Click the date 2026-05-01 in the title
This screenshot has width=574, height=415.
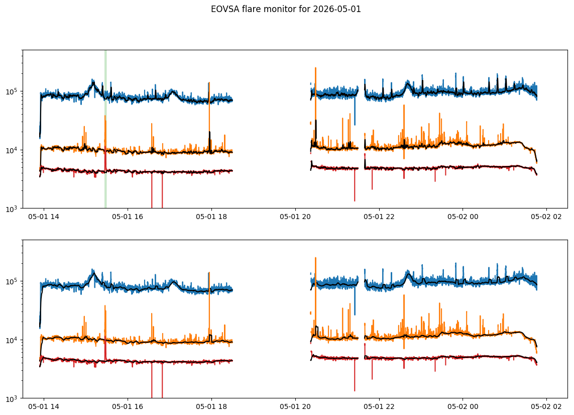[x=337, y=9]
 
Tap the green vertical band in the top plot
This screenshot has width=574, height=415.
[x=105, y=129]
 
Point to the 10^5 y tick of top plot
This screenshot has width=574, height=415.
[x=13, y=91]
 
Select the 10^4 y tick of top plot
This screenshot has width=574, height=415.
[x=13, y=150]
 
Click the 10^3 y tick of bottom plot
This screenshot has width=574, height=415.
[x=13, y=398]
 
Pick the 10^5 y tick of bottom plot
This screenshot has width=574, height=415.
[x=13, y=281]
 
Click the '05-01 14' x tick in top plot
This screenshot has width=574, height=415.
[x=44, y=217]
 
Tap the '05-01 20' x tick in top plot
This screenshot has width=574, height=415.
[x=295, y=217]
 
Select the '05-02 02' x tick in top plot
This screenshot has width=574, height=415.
[x=546, y=217]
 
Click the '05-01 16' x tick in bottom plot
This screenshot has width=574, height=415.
[x=128, y=406]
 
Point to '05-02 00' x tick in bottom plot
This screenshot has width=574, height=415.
[x=463, y=406]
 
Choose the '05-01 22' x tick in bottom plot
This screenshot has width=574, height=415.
[x=379, y=406]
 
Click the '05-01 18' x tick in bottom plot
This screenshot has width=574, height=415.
[x=211, y=406]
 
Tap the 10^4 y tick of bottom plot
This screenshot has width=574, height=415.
[x=13, y=340]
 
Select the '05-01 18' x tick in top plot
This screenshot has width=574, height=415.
[x=211, y=217]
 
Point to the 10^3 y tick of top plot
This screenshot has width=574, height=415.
[x=13, y=209]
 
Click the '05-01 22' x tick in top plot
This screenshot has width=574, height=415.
[x=379, y=217]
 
